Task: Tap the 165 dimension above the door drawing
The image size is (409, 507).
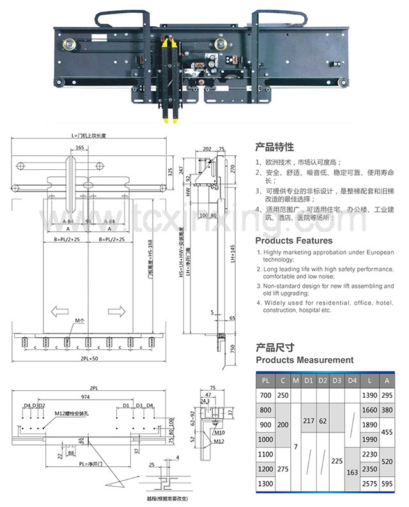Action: click(79, 148)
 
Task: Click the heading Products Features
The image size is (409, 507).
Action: click(293, 241)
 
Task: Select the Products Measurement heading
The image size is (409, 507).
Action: click(304, 360)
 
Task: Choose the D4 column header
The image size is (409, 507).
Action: click(351, 381)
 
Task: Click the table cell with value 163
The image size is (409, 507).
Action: click(351, 473)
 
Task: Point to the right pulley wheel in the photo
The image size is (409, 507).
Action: click(221, 45)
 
